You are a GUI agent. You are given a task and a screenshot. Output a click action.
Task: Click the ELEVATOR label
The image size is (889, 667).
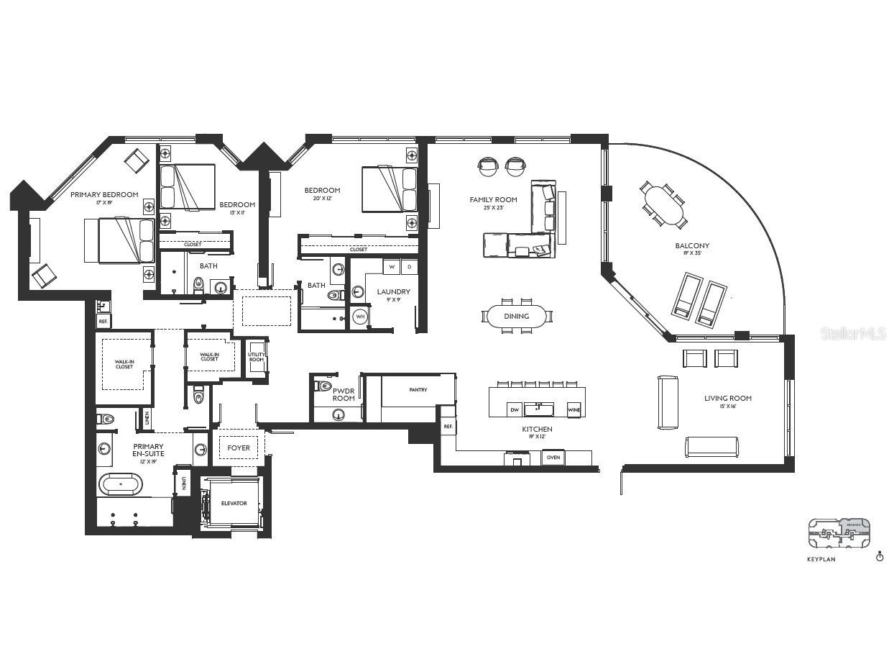tap(234, 504)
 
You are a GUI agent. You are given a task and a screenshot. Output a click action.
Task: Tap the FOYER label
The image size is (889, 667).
tap(239, 448)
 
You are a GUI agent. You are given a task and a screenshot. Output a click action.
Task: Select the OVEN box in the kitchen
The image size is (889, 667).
tap(553, 458)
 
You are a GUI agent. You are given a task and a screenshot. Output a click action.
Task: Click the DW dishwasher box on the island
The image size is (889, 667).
tap(515, 410)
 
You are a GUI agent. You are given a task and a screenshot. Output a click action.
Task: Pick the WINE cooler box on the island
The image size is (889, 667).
tap(574, 410)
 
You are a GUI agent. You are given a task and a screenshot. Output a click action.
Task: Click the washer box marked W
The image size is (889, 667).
tap(392, 267)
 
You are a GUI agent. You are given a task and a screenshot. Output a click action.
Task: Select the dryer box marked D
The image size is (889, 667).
tap(409, 267)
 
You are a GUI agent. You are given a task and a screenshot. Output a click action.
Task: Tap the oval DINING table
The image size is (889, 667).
tap(516, 316)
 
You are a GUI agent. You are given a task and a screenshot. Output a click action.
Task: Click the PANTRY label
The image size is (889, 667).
tap(418, 390)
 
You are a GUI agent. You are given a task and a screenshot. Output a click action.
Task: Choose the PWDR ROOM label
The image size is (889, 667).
tap(344, 394)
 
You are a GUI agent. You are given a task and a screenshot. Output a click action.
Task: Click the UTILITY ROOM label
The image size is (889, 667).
tap(257, 357)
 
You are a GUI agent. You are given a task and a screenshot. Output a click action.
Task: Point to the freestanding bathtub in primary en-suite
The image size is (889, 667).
tap(121, 484)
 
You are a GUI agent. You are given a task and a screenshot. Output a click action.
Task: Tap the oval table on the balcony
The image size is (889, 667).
tap(663, 205)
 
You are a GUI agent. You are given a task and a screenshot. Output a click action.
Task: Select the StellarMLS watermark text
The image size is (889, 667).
tap(853, 333)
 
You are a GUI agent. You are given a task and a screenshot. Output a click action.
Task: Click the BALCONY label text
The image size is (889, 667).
tap(692, 246)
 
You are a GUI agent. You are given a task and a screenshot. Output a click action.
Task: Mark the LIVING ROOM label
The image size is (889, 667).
tap(727, 398)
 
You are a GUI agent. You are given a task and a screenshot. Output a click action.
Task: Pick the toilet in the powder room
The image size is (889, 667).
tap(324, 386)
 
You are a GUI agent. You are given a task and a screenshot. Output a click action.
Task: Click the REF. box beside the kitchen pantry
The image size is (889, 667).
tap(448, 427)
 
